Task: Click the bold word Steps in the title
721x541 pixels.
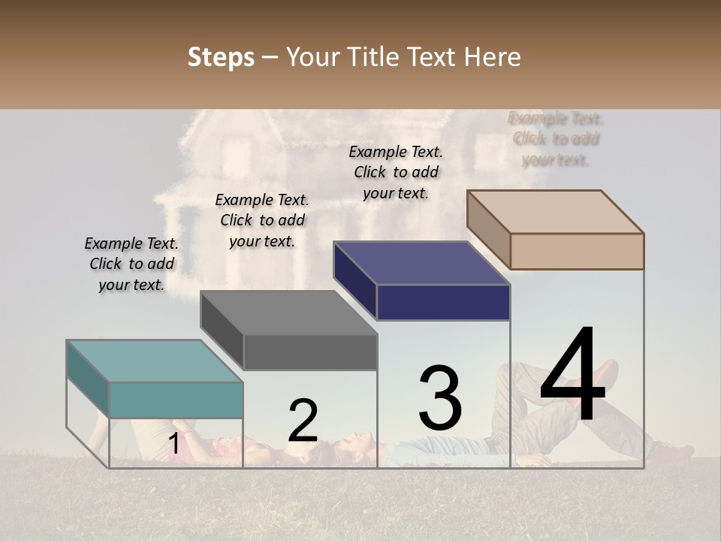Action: tap(221, 57)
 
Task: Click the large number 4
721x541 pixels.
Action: tap(572, 376)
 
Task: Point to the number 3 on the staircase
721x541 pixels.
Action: tap(440, 398)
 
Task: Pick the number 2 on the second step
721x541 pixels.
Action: tap(303, 421)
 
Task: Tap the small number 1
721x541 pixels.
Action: tap(173, 444)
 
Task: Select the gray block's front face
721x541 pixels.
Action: tap(310, 352)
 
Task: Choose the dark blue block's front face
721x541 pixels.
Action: tap(443, 302)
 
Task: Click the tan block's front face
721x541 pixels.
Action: tap(577, 251)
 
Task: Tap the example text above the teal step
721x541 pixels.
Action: tap(131, 264)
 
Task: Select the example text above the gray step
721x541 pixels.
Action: tap(262, 220)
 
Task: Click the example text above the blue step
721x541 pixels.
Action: tap(396, 172)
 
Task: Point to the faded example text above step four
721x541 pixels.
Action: tap(556, 139)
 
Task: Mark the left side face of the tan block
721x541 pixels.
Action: tap(488, 229)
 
